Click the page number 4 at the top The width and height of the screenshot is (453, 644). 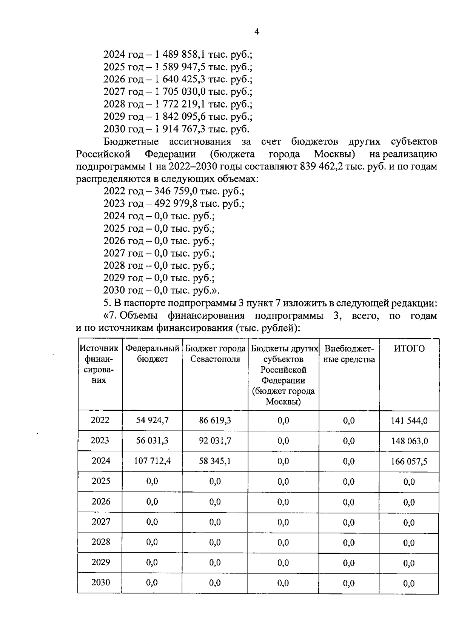(x=257, y=32)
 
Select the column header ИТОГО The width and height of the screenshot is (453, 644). (x=409, y=348)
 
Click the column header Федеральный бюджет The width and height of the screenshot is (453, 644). (x=152, y=354)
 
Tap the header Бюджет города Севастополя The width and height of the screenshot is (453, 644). (x=215, y=354)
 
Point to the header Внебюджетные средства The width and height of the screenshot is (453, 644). (x=349, y=354)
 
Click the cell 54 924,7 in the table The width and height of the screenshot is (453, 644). (x=152, y=421)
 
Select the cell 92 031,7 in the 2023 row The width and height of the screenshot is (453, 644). (x=215, y=441)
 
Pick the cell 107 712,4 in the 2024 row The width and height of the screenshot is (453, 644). (x=152, y=461)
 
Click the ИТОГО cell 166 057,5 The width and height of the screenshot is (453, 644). (x=409, y=461)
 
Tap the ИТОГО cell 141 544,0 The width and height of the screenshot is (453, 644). (x=409, y=421)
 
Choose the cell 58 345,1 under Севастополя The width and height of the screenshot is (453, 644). (x=215, y=461)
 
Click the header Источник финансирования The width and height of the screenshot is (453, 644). (x=100, y=364)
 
